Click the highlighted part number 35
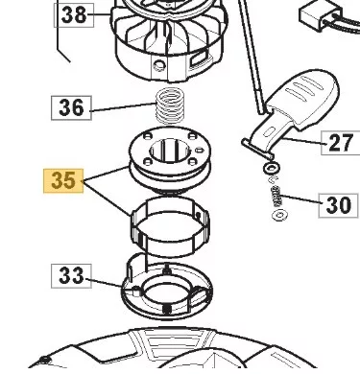(x=63, y=181)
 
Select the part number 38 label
(x=74, y=15)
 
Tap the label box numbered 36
(x=71, y=107)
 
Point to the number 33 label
(x=71, y=276)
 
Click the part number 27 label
(x=341, y=143)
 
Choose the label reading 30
(x=338, y=205)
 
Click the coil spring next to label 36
(x=170, y=105)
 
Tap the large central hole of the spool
(x=170, y=152)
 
